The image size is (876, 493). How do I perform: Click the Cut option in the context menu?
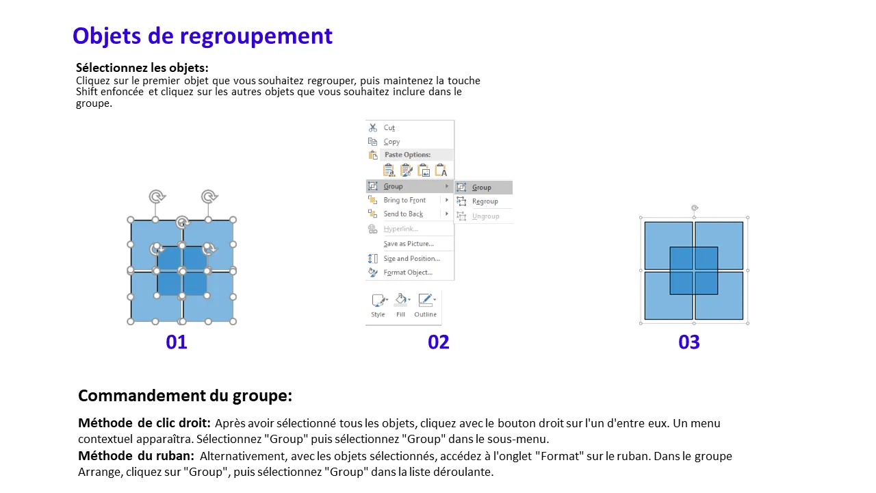point(389,127)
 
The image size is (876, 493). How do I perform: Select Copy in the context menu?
point(391,142)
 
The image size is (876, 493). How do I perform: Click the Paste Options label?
point(407,155)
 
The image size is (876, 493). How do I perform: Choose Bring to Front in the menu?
point(404,200)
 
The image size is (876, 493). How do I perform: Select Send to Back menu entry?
point(403,214)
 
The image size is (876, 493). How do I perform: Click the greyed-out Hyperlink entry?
point(401,229)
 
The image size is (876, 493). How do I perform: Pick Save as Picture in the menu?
point(409,243)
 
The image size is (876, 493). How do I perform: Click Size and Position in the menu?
point(412,258)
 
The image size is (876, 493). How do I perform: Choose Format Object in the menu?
point(408,273)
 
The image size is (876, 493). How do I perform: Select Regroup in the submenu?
point(485,201)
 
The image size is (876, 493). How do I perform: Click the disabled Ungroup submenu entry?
point(485,216)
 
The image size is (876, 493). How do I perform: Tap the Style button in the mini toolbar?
point(378,305)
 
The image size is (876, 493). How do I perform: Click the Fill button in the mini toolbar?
point(401,305)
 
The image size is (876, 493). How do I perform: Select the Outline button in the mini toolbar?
point(426,305)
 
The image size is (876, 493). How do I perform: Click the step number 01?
point(177,342)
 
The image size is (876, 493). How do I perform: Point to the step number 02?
point(439,342)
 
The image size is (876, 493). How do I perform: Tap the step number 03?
point(689,342)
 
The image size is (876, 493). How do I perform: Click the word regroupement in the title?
point(256,37)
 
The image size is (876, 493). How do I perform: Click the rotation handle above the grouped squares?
point(695,207)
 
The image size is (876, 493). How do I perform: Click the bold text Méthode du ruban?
point(136,456)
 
